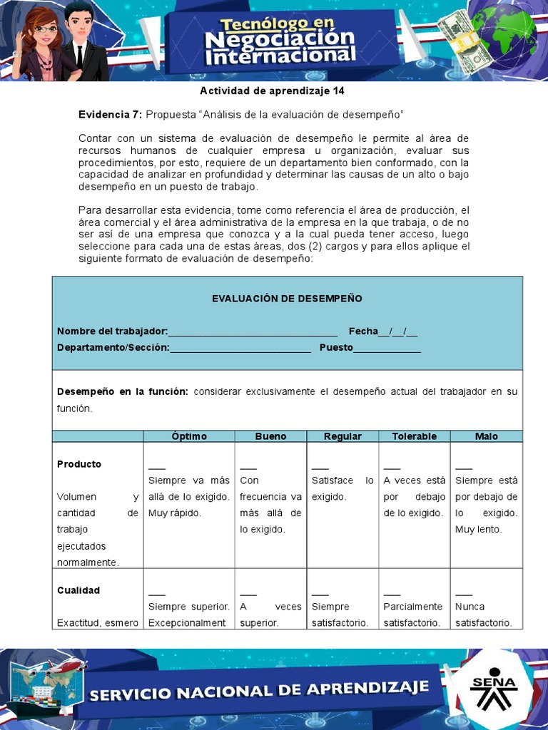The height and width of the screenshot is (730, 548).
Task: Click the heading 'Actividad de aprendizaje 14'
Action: [272, 91]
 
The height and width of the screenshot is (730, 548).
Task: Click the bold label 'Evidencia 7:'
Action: [110, 114]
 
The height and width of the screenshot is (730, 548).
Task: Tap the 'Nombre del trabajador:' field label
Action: [112, 331]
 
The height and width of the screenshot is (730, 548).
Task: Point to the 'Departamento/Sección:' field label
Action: [113, 347]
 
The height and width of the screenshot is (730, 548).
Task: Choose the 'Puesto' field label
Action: [336, 347]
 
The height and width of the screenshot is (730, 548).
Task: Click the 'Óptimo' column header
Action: [189, 436]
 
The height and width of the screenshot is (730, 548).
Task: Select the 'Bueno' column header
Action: [270, 436]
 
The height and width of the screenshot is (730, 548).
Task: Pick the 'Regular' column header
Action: [342, 436]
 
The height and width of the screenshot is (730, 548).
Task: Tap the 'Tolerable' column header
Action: [415, 436]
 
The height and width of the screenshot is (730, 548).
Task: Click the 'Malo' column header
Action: [487, 436]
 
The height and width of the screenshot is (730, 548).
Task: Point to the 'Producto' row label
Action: [79, 464]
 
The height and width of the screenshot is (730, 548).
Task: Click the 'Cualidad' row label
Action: [78, 590]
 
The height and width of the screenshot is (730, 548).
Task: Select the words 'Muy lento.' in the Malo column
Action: [479, 530]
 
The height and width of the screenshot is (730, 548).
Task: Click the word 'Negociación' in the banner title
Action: [280, 37]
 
